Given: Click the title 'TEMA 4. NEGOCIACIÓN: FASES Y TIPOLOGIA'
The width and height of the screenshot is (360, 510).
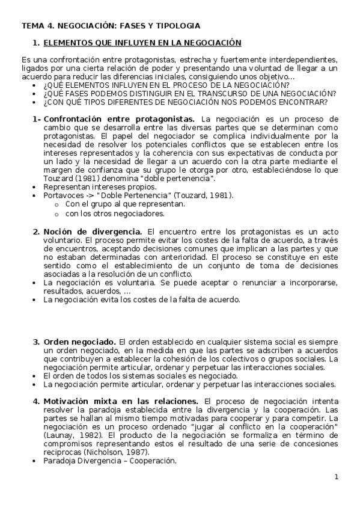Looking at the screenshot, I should [x=111, y=26].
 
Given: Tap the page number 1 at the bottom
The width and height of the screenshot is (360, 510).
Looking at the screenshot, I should [x=337, y=478].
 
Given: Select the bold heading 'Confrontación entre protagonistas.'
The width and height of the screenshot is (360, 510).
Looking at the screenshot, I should [x=119, y=119].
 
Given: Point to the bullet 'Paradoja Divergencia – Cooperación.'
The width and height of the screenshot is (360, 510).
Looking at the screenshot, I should [x=110, y=461].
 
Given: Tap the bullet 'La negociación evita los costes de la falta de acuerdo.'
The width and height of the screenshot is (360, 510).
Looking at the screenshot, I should [x=142, y=300].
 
